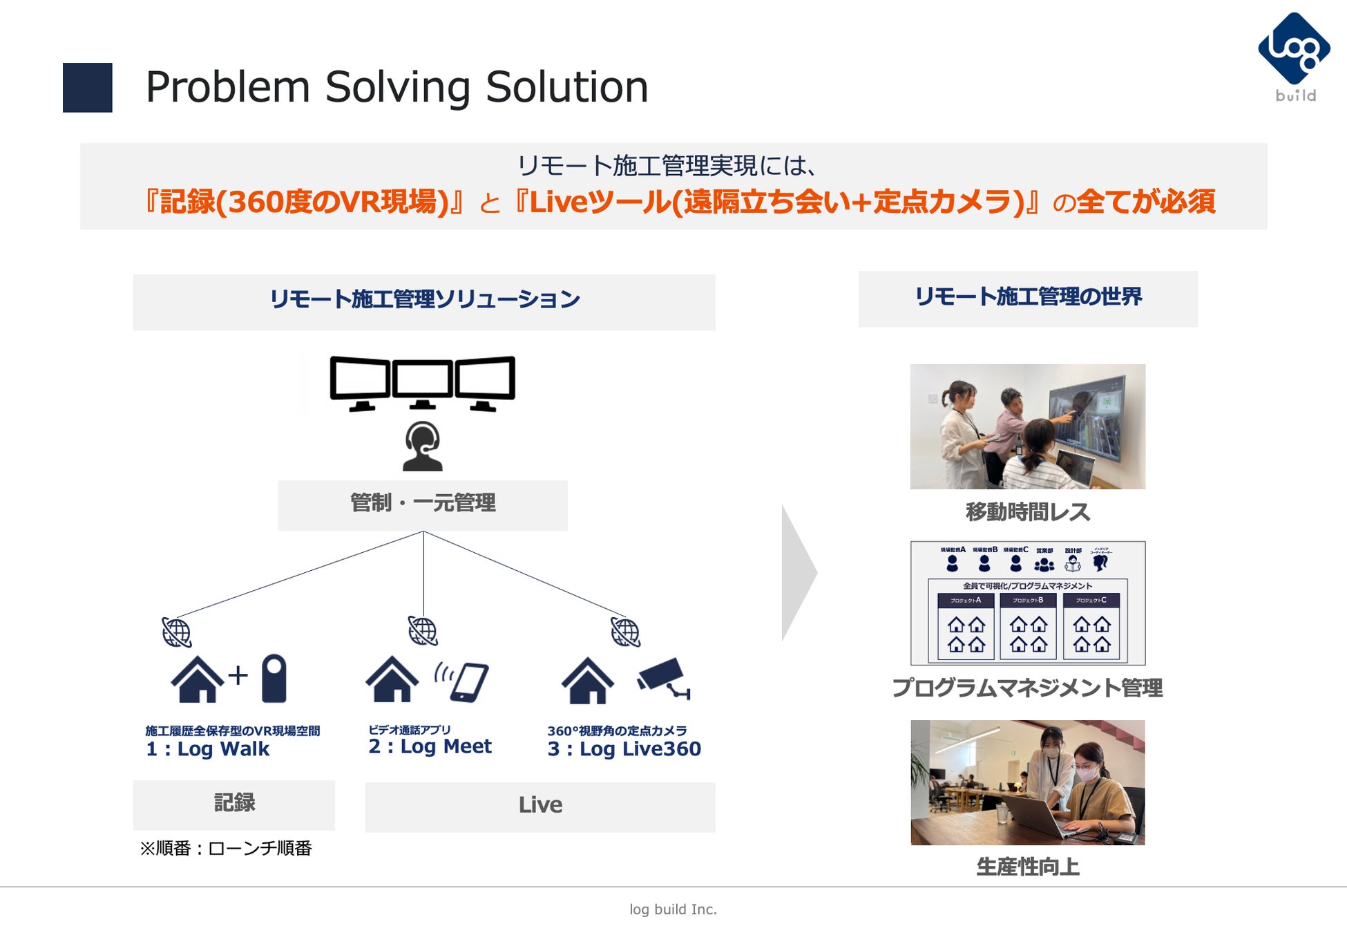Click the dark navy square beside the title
[x=87, y=88]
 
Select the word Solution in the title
[x=566, y=88]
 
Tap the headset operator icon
[x=422, y=446]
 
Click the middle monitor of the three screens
[x=422, y=381]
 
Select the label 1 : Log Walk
[x=207, y=749]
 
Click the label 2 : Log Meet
[x=430, y=746]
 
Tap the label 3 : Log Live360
[x=624, y=749]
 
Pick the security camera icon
[x=663, y=677]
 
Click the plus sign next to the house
[x=238, y=675]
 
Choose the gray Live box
[x=539, y=806]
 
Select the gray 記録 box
[x=233, y=804]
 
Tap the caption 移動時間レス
[x=1027, y=512]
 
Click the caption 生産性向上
[x=1027, y=867]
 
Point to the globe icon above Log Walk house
[x=176, y=632]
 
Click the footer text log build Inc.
[x=673, y=910]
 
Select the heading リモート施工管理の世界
[x=1027, y=297]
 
